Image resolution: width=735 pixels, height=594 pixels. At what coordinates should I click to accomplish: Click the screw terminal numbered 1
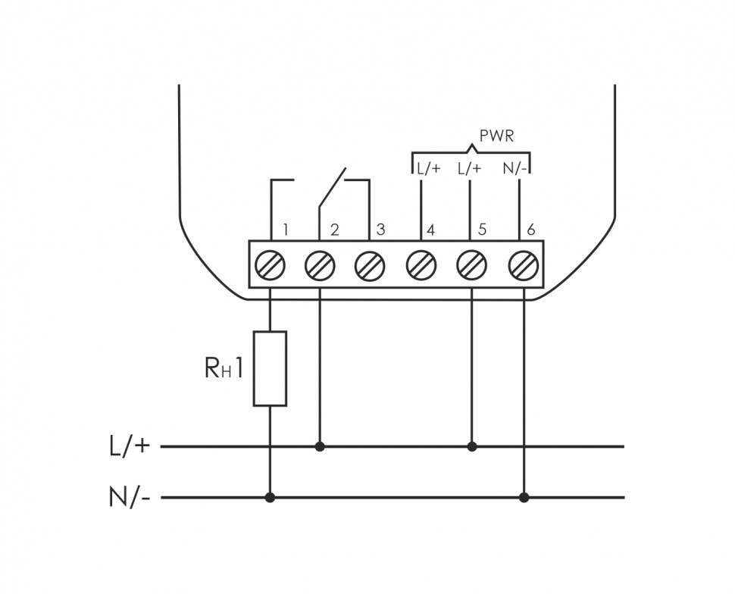coord(271,265)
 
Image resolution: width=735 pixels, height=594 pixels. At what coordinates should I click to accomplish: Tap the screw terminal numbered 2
coord(320,265)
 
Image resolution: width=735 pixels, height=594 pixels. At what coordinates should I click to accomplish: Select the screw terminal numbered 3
coord(370,265)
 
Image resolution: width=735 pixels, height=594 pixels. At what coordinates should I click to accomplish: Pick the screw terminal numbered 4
coord(421,265)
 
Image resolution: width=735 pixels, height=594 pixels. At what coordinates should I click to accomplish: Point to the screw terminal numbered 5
coord(471,265)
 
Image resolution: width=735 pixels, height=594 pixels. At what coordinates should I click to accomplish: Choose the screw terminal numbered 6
coord(523,265)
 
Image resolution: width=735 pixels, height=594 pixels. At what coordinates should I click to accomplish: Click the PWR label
coord(496,136)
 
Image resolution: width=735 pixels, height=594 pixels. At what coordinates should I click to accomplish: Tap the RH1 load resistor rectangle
coord(271,368)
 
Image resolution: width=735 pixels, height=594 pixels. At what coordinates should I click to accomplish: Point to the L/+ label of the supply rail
coord(130,446)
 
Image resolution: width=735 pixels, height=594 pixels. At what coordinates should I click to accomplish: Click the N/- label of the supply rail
coord(130,499)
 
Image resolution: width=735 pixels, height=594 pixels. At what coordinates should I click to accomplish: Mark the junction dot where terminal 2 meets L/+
coord(320,446)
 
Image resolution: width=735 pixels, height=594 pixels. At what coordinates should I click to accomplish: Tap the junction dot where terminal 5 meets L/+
coord(472,446)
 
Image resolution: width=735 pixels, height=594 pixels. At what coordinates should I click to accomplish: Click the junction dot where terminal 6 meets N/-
coord(523,498)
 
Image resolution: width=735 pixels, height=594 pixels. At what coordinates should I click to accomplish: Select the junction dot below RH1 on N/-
coord(271,498)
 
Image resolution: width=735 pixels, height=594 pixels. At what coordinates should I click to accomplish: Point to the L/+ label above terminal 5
coord(471,168)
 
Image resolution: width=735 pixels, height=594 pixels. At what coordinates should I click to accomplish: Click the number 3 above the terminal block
coord(381,229)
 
